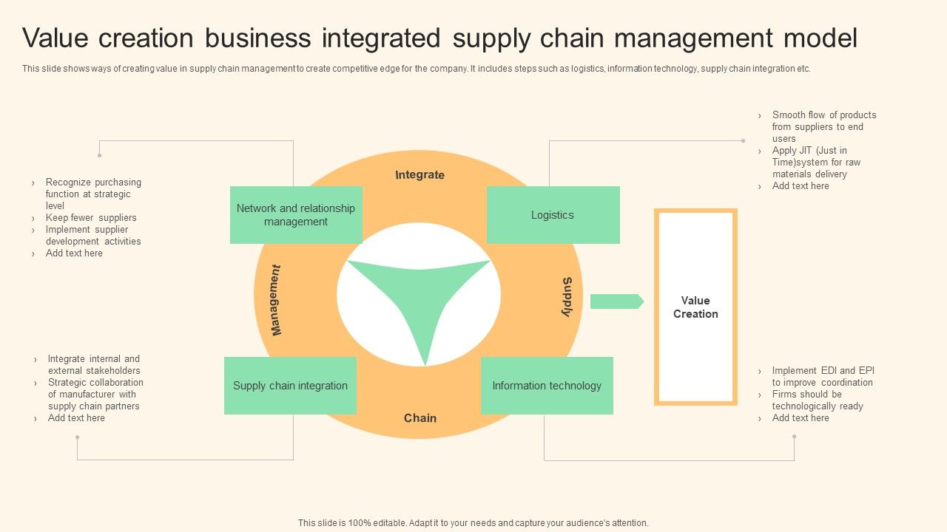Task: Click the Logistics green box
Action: [553, 215]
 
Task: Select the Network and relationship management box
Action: [296, 215]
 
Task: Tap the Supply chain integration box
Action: [290, 386]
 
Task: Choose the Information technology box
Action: [547, 386]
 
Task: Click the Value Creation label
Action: [695, 307]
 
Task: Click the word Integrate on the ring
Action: [419, 175]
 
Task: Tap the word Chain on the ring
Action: [419, 418]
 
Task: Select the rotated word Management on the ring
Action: [276, 300]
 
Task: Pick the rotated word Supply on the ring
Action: [567, 297]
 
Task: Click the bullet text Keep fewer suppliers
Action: [91, 218]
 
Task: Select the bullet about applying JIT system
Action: [816, 162]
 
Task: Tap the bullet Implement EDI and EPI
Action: [822, 376]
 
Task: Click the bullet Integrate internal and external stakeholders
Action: [94, 364]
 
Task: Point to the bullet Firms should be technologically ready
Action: [817, 400]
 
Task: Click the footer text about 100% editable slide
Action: [473, 522]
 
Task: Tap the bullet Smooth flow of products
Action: [823, 126]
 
